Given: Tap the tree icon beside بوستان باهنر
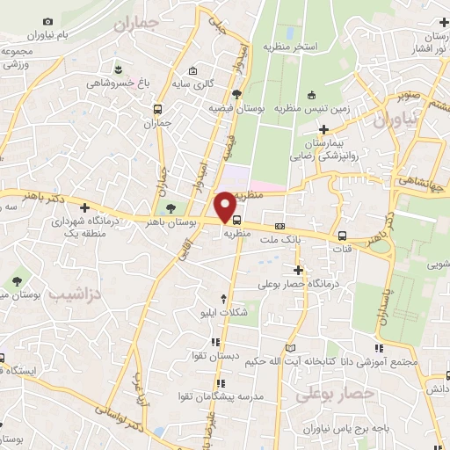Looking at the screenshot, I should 171,209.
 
